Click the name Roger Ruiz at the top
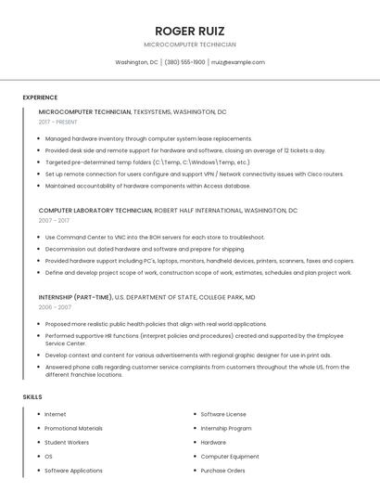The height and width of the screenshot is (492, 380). point(189,31)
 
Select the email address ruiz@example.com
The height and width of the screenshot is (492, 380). point(238,62)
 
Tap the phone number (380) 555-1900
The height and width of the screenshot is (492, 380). point(185,62)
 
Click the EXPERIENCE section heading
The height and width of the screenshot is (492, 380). point(40,97)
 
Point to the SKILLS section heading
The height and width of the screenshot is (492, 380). point(32,396)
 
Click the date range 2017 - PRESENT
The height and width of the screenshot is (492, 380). point(58,122)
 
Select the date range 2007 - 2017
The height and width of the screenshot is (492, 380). point(54,221)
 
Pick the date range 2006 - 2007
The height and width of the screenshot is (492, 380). point(55,306)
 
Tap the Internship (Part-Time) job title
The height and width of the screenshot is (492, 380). point(75,297)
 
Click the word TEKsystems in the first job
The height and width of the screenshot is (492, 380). point(152,111)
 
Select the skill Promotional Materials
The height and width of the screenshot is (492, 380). point(73,428)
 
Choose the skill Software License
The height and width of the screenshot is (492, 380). point(223,414)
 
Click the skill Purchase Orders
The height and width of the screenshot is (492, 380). point(222,471)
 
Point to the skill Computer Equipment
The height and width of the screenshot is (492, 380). point(230,457)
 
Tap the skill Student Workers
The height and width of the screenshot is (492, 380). point(67,443)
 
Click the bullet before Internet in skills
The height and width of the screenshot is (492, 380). point(39,414)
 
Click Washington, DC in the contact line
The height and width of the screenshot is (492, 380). point(136,62)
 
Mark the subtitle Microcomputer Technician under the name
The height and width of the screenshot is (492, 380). point(189,45)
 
